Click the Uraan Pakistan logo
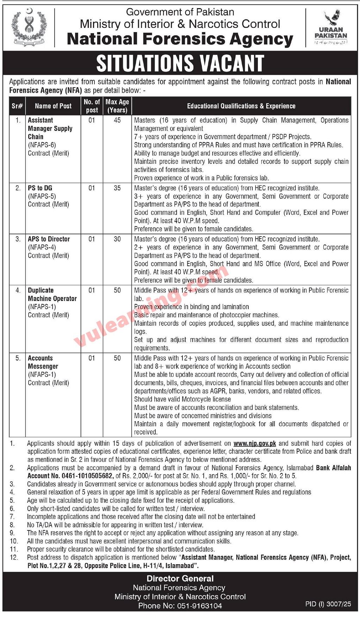[x=331, y=28]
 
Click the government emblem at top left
[x=29, y=27]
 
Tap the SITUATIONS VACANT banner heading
[x=180, y=63]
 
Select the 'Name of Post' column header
[x=53, y=106]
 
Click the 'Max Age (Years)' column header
[x=117, y=106]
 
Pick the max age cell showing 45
[x=117, y=121]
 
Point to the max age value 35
[x=117, y=188]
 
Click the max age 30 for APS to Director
[x=117, y=239]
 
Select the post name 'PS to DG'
[x=40, y=188]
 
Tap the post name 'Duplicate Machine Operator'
[x=52, y=294]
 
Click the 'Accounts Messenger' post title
[x=43, y=362]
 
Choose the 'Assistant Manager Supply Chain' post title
[x=50, y=129]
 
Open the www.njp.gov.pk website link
[x=255, y=443]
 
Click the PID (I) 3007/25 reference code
[x=328, y=604]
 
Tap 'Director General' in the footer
[x=180, y=579]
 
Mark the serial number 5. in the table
[x=18, y=358]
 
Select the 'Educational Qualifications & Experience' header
[x=241, y=106]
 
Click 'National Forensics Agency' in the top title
[x=180, y=39]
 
